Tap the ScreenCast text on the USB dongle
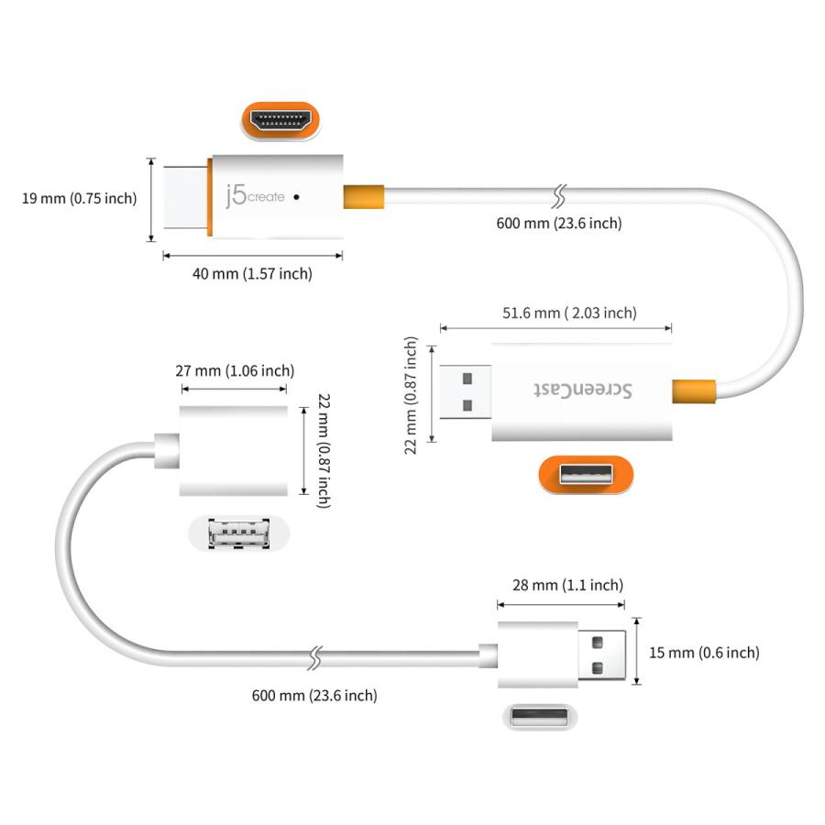click(x=582, y=390)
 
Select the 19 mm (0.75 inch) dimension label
click(x=80, y=199)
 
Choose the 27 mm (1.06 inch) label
click(x=235, y=370)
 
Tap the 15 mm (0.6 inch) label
click(x=704, y=653)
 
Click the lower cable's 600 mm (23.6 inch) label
click(x=314, y=695)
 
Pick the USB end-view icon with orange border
click(x=586, y=475)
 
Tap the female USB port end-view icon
click(x=238, y=534)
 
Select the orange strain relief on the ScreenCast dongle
click(x=695, y=390)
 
